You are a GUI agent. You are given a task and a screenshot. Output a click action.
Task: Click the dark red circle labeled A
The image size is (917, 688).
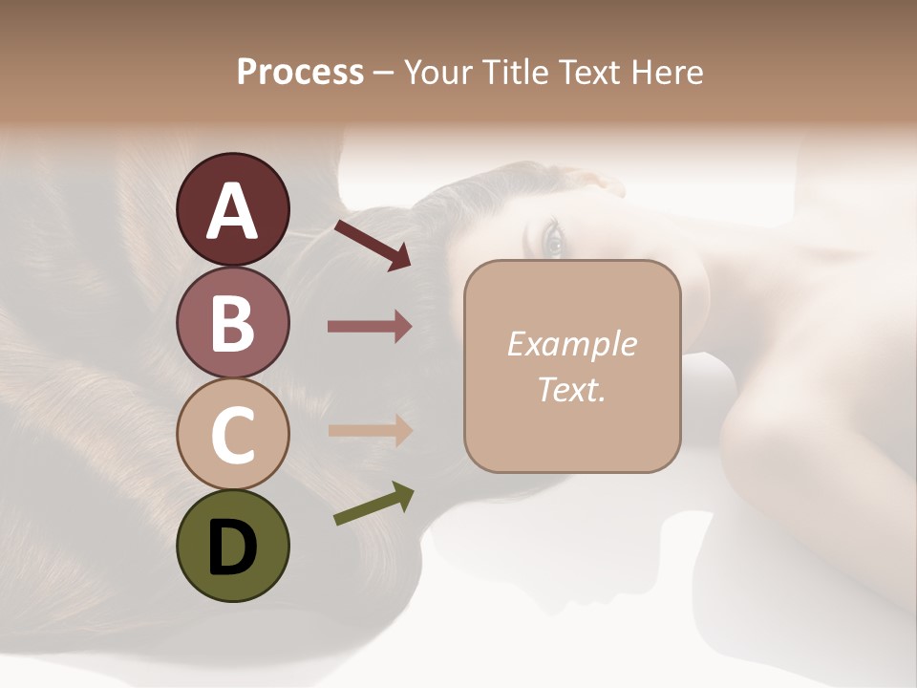point(232,209)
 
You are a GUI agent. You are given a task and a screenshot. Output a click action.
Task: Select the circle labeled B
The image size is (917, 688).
point(232,322)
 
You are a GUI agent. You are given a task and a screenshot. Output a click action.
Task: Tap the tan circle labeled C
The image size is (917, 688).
point(232,434)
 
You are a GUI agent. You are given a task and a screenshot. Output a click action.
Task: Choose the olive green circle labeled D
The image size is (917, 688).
point(232,546)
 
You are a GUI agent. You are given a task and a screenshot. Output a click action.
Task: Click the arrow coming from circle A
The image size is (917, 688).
point(373,245)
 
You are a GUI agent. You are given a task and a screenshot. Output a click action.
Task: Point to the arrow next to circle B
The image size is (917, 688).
point(370,327)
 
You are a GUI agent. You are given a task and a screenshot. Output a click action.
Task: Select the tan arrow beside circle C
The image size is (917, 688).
point(370,431)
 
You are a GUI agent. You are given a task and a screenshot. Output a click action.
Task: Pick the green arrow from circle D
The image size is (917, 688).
point(373,505)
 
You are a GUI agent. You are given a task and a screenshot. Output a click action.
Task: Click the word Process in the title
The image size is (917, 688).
point(300,73)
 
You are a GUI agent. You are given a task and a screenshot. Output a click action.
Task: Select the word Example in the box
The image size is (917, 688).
point(571,344)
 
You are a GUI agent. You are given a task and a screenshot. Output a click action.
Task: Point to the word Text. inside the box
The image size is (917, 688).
point(571,390)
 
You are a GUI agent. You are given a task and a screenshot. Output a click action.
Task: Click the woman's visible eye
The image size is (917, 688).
point(553,239)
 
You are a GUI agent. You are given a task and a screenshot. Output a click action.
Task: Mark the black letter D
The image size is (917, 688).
point(232,548)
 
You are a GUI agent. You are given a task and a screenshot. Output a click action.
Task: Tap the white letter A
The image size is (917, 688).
point(232,211)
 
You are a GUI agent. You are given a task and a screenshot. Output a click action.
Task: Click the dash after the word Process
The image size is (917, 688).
point(384,74)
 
